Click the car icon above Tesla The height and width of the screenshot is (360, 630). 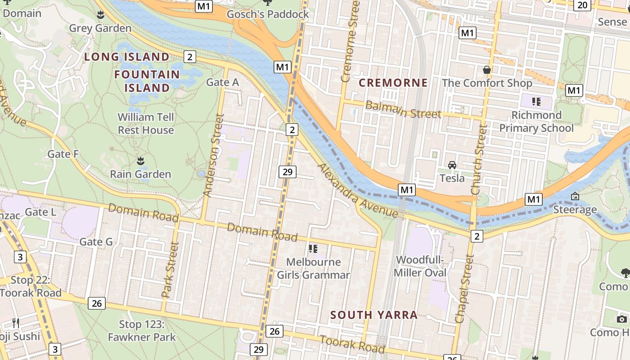(452, 165)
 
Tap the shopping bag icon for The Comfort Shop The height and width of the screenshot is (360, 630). (486, 70)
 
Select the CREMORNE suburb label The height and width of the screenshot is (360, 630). (393, 83)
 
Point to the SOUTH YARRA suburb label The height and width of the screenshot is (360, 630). (374, 315)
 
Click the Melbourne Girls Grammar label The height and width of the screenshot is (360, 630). (313, 268)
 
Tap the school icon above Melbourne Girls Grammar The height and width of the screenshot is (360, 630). (313, 248)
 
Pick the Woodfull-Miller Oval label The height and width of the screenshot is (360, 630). (420, 266)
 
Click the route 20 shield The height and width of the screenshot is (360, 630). (582, 5)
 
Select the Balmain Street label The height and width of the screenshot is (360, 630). (403, 110)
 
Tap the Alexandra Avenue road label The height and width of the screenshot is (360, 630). (358, 191)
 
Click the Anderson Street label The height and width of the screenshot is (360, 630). (213, 155)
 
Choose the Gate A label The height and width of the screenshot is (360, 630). (222, 82)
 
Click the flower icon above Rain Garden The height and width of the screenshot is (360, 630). (140, 161)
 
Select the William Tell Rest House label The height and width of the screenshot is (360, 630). (146, 124)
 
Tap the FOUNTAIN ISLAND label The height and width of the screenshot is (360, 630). (147, 81)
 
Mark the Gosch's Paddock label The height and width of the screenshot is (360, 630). (268, 14)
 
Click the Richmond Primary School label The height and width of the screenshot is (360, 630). (536, 121)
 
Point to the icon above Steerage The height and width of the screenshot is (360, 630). (575, 196)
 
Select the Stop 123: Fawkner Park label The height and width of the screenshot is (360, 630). (141, 330)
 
